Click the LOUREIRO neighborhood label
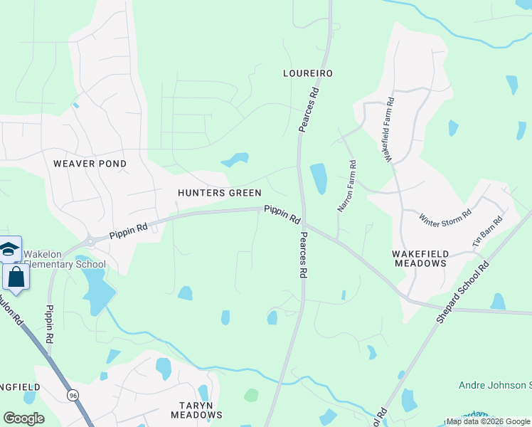click(308, 73)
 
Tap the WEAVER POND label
click(90, 164)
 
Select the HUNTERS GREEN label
click(219, 193)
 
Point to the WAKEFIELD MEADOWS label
click(419, 258)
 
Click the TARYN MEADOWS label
click(196, 409)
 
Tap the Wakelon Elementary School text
click(64, 259)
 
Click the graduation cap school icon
click(9, 248)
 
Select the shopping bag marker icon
click(16, 278)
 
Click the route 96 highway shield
click(73, 394)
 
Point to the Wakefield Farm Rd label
click(390, 129)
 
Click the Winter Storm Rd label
click(445, 216)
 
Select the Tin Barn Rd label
click(487, 231)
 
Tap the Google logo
click(23, 418)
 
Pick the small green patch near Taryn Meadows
click(251, 395)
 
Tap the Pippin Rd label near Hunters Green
click(283, 214)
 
